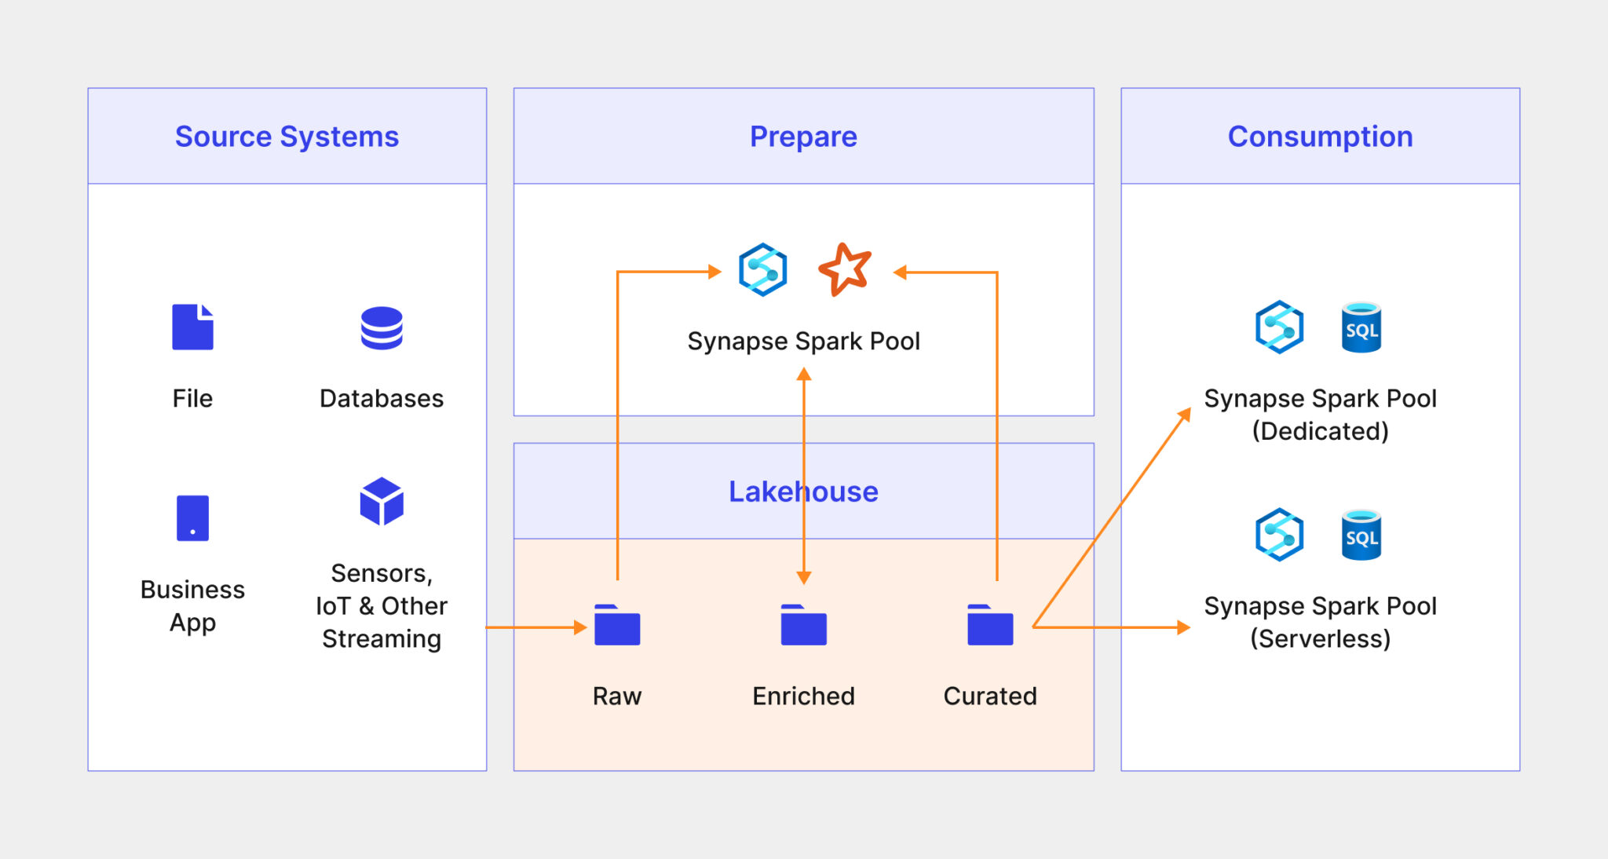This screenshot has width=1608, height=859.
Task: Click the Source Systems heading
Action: [287, 137]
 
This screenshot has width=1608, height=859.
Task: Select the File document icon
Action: [192, 327]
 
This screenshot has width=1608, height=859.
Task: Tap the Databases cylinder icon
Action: [382, 328]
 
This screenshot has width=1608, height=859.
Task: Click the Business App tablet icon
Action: [192, 518]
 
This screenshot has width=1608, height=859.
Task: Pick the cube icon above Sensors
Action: [382, 501]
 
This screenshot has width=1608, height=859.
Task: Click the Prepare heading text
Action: [803, 137]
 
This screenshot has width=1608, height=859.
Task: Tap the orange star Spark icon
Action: [845, 269]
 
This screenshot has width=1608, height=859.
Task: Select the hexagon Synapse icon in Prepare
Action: [762, 269]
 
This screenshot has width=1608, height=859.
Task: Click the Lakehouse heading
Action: [803, 492]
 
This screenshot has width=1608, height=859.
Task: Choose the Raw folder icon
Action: [617, 626]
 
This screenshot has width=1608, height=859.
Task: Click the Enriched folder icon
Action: [803, 626]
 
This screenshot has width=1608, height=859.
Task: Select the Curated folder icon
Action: [990, 626]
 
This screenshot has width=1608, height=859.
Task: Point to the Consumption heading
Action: [1320, 137]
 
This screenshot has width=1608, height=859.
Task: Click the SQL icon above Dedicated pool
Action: [1361, 327]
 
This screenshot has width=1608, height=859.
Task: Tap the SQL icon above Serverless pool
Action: [1361, 536]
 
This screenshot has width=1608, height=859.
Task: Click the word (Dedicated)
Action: [1320, 431]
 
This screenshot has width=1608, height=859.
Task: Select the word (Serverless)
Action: [1320, 638]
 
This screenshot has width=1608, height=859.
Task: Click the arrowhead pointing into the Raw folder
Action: [580, 627]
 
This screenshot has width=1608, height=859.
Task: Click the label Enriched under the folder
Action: [803, 696]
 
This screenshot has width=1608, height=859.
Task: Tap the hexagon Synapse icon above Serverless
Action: [1279, 535]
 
